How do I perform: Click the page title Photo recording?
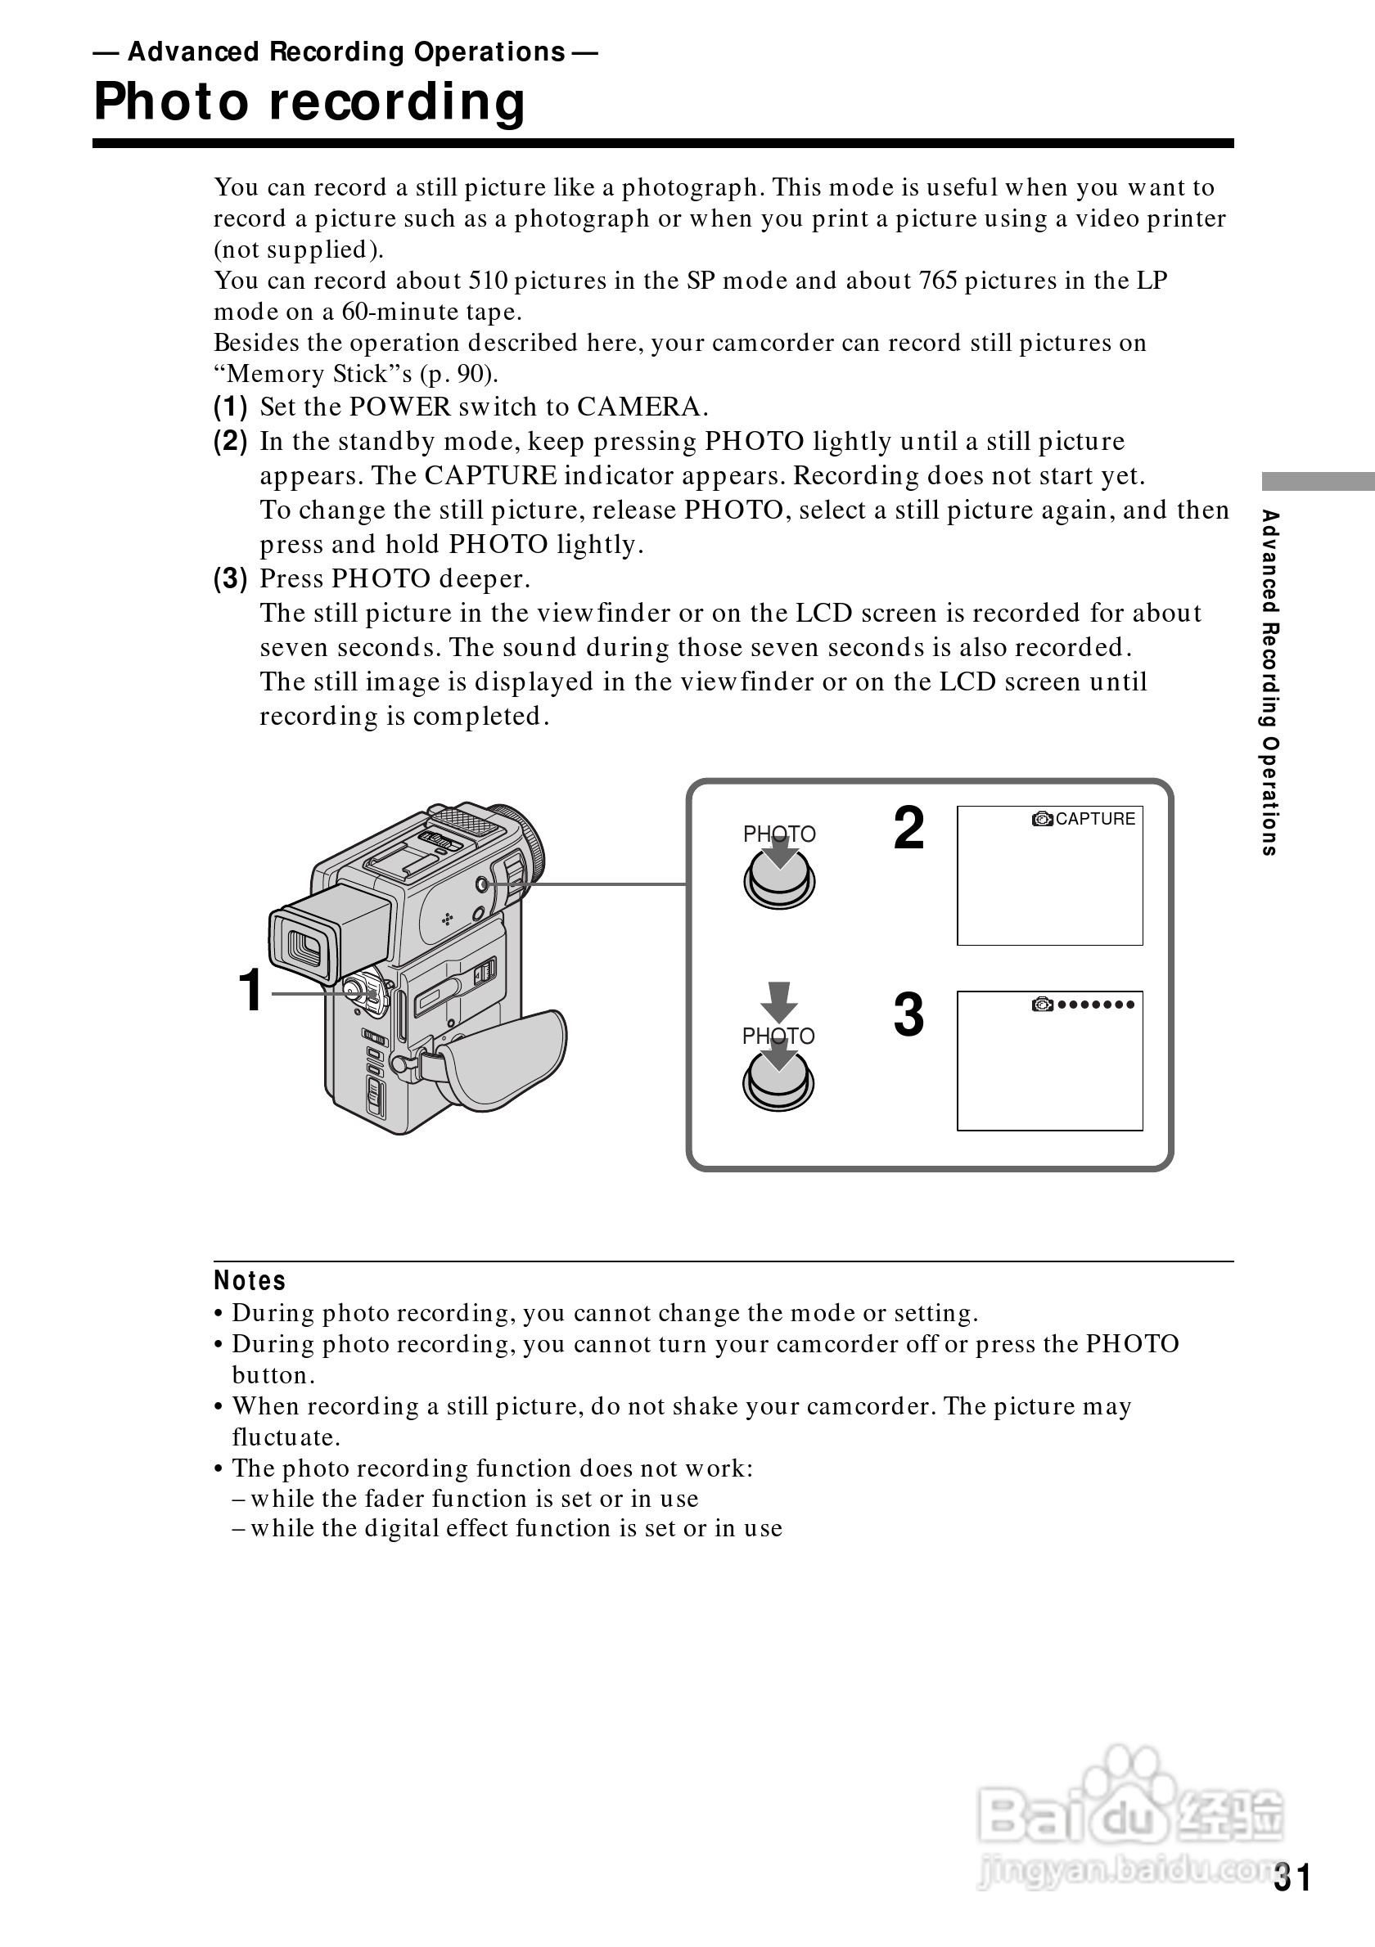pos(309,102)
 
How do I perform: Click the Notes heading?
pos(250,1280)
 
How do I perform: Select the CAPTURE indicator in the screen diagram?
pos(1094,819)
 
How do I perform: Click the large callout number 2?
pos(908,829)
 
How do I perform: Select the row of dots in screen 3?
pos(1095,1005)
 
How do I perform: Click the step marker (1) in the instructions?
pos(231,407)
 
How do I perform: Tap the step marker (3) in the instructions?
pos(231,579)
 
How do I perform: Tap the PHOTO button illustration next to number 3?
pos(778,1082)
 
